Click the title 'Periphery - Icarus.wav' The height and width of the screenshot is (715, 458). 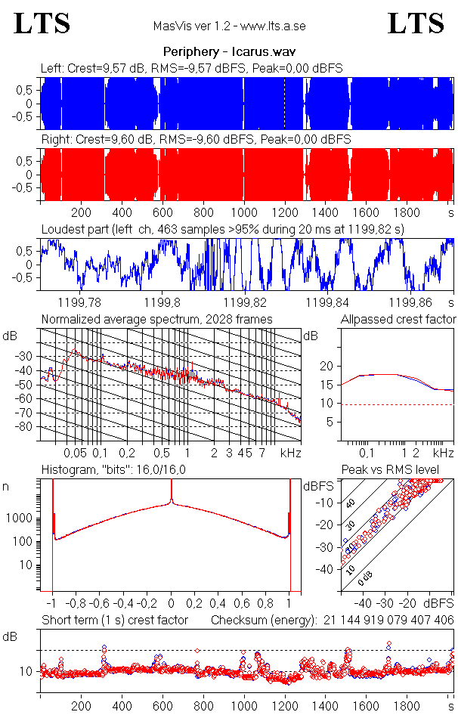point(229,52)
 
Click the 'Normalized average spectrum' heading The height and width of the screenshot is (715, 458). point(156,319)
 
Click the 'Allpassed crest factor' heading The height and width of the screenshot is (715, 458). point(398,319)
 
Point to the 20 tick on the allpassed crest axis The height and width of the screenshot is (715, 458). point(327,366)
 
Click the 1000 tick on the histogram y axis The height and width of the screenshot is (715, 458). point(23,518)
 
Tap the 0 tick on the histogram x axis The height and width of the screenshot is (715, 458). point(172,604)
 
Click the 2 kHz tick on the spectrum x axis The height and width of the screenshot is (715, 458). point(214,452)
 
